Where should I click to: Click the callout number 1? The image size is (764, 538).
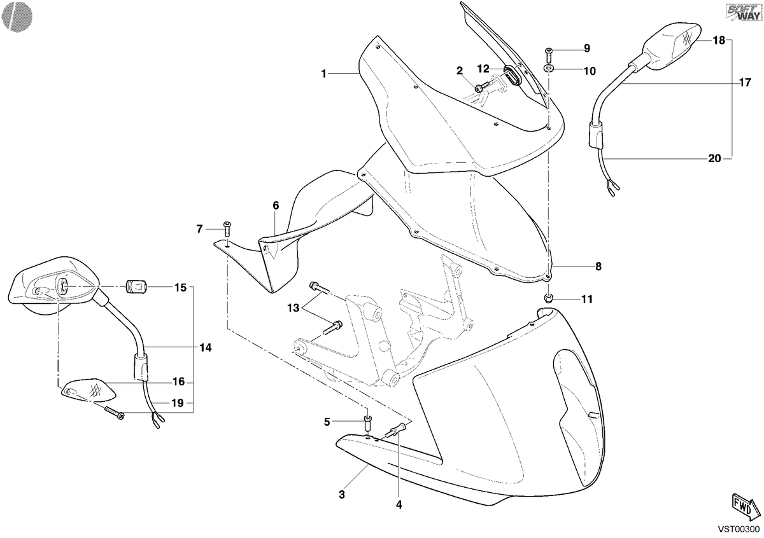(x=323, y=74)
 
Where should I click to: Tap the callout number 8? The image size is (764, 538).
(x=598, y=266)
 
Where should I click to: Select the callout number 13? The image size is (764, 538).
(x=293, y=308)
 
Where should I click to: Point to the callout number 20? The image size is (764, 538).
(x=714, y=158)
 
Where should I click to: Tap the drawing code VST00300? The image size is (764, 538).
(x=739, y=529)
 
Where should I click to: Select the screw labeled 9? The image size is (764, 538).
(x=548, y=55)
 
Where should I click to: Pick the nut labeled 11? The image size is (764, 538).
(x=548, y=298)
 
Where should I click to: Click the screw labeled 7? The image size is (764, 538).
(x=227, y=228)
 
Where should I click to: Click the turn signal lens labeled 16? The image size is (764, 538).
(x=88, y=390)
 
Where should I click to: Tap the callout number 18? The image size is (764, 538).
(x=719, y=40)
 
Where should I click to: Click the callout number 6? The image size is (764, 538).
(x=276, y=205)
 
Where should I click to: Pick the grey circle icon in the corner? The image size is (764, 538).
(x=17, y=17)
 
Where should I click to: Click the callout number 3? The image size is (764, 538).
(x=342, y=494)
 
